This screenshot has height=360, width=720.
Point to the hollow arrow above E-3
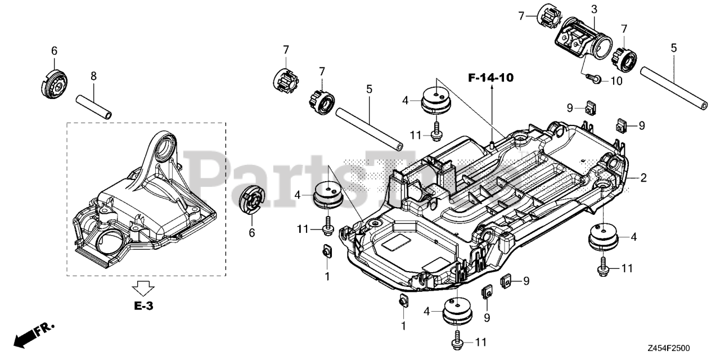click(x=143, y=287)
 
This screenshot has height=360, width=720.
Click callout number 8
click(x=94, y=76)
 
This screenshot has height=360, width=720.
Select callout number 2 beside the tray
click(x=643, y=178)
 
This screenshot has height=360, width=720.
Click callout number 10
click(x=616, y=80)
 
